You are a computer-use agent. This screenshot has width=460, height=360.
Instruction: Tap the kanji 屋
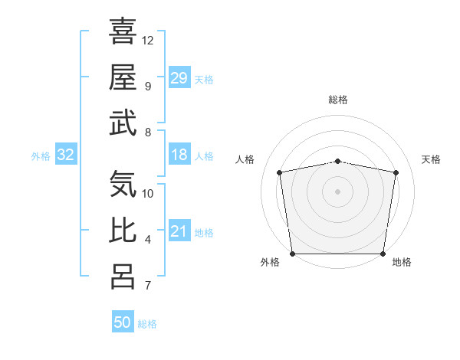click(x=123, y=77)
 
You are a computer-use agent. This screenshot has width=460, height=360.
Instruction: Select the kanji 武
click(x=123, y=123)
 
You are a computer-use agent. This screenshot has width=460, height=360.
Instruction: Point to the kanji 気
click(x=123, y=185)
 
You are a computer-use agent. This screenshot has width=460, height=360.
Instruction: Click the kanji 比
click(x=123, y=231)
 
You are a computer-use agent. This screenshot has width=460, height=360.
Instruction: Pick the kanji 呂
click(x=123, y=277)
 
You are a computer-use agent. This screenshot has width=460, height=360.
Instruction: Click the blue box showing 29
click(x=179, y=78)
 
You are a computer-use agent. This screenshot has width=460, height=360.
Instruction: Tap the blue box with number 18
click(x=179, y=155)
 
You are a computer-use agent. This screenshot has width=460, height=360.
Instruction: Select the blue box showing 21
click(x=179, y=232)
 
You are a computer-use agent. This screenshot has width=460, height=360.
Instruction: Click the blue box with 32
click(x=66, y=155)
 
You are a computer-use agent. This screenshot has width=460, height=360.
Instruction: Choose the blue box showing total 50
click(x=123, y=322)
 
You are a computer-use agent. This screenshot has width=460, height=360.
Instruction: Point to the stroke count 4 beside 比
click(x=148, y=241)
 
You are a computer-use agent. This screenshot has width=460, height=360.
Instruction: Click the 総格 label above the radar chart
click(x=338, y=100)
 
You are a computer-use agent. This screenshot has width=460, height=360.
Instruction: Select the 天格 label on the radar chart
click(x=432, y=159)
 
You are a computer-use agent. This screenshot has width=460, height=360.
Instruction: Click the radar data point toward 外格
click(x=292, y=254)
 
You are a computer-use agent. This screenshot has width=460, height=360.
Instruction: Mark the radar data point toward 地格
click(x=383, y=254)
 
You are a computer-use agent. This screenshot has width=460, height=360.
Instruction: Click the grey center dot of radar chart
click(x=338, y=191)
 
